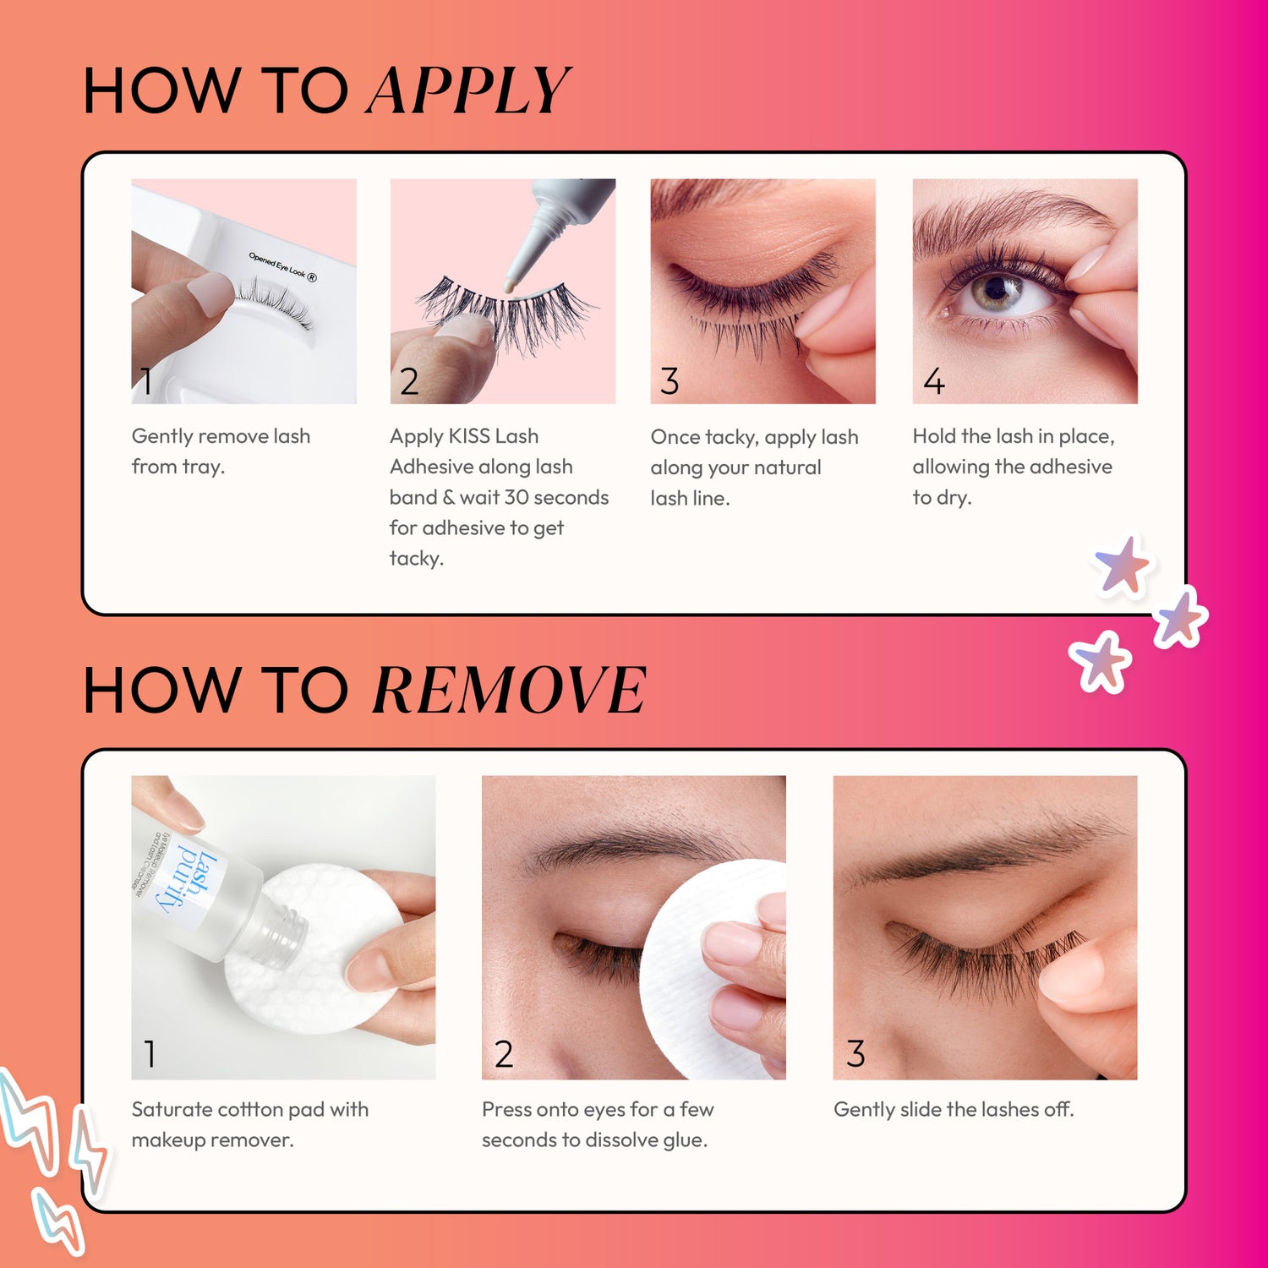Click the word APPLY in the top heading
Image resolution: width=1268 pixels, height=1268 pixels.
tap(468, 90)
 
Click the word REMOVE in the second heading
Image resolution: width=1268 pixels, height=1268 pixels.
tap(509, 691)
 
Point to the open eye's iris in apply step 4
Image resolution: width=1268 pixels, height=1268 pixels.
tap(999, 292)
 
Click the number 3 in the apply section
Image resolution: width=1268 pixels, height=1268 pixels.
tap(670, 382)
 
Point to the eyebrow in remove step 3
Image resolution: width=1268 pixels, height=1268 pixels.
tap(972, 854)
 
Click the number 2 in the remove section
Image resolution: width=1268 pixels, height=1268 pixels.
tap(503, 1054)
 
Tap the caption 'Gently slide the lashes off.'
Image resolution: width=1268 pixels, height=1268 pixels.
tap(954, 1109)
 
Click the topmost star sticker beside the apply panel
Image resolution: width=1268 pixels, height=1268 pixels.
tap(1122, 565)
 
